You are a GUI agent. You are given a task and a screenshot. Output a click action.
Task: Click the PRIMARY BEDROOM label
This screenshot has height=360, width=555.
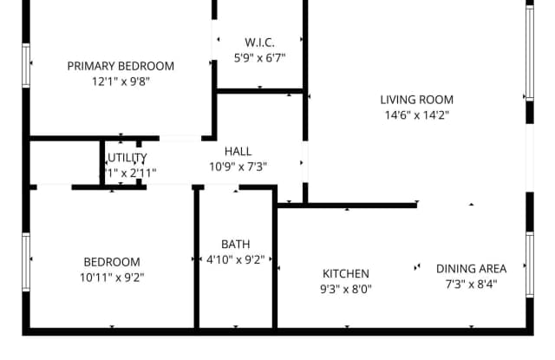(x=121, y=66)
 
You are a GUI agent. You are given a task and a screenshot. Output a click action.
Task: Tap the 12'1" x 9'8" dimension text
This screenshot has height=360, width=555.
(x=121, y=82)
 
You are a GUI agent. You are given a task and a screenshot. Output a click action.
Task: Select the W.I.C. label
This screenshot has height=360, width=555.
(x=259, y=42)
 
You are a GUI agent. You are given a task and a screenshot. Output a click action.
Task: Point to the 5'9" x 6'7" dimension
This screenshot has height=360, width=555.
(x=259, y=57)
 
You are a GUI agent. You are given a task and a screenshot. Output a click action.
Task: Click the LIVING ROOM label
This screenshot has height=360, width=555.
(x=416, y=100)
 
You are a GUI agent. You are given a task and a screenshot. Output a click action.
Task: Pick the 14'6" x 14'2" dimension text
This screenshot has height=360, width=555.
(x=416, y=115)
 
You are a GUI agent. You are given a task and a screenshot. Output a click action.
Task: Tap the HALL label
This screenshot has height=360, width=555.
(x=238, y=151)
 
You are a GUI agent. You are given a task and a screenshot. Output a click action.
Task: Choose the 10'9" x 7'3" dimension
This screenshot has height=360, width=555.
(x=238, y=167)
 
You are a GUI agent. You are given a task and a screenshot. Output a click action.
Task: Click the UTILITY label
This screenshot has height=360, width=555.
(x=127, y=157)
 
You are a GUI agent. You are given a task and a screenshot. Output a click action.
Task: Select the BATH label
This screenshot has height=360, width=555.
(x=235, y=244)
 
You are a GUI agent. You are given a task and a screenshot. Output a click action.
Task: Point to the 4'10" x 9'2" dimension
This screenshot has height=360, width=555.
(x=235, y=259)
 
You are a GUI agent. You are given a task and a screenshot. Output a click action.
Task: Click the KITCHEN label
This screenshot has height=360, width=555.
(x=346, y=273)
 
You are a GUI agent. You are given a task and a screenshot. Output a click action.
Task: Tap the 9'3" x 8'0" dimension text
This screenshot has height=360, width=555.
(x=346, y=289)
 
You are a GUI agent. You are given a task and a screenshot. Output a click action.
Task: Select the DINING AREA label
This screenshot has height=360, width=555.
(x=471, y=268)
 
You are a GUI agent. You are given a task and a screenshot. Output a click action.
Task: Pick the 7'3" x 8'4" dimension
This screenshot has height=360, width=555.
(x=471, y=284)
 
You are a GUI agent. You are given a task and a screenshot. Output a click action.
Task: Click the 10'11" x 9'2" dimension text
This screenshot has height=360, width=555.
(x=111, y=278)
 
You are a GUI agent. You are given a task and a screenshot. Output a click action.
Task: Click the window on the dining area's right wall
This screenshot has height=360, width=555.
(x=529, y=265)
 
